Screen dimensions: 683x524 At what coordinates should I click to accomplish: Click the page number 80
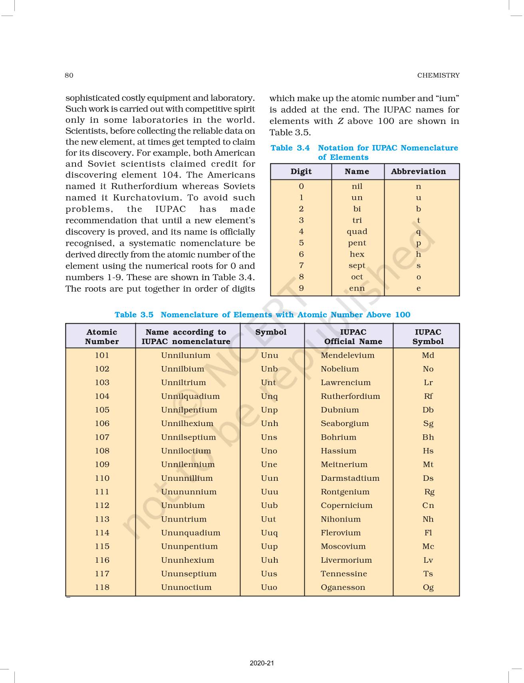tap(69, 76)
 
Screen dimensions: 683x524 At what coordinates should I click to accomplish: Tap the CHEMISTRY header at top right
tap(438, 76)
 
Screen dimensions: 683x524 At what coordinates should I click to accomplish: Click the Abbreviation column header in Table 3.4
tap(418, 171)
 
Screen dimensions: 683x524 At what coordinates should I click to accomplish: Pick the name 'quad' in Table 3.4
tap(357, 232)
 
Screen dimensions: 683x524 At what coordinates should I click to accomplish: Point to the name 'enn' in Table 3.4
tap(357, 289)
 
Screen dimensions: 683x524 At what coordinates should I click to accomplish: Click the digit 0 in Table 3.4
tap(301, 186)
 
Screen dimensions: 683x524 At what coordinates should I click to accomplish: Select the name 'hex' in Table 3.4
tap(357, 255)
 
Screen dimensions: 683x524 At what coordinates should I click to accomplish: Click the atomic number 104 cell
tap(102, 396)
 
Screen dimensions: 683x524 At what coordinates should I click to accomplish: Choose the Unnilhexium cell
tap(187, 424)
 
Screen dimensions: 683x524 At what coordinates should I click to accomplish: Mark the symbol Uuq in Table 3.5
tap(269, 533)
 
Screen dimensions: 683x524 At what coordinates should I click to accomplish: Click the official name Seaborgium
tap(345, 424)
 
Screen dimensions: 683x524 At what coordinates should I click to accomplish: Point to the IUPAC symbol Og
tap(428, 587)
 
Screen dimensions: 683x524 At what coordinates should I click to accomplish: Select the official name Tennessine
tap(343, 574)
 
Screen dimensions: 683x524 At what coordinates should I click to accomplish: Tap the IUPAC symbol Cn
tap(428, 506)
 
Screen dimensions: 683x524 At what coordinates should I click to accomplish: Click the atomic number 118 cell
tap(102, 587)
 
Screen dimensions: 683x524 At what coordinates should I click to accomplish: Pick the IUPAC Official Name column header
tap(353, 337)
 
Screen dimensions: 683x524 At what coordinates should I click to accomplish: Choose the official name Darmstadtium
tap(350, 478)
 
